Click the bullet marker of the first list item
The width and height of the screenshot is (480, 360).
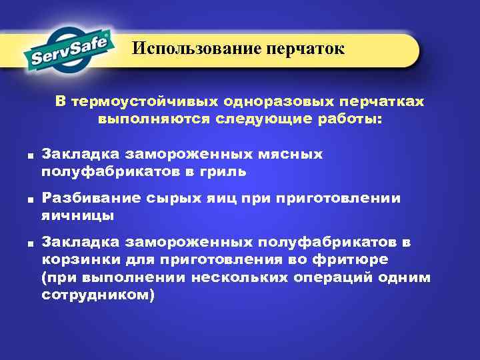pyautogui.click(x=31, y=156)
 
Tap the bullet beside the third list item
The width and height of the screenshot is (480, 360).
pyautogui.click(x=31, y=244)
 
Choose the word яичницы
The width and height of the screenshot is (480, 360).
pyautogui.click(x=77, y=215)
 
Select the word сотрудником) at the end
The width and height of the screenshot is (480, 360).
pyautogui.click(x=97, y=293)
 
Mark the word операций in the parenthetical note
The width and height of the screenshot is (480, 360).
pyautogui.click(x=329, y=277)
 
